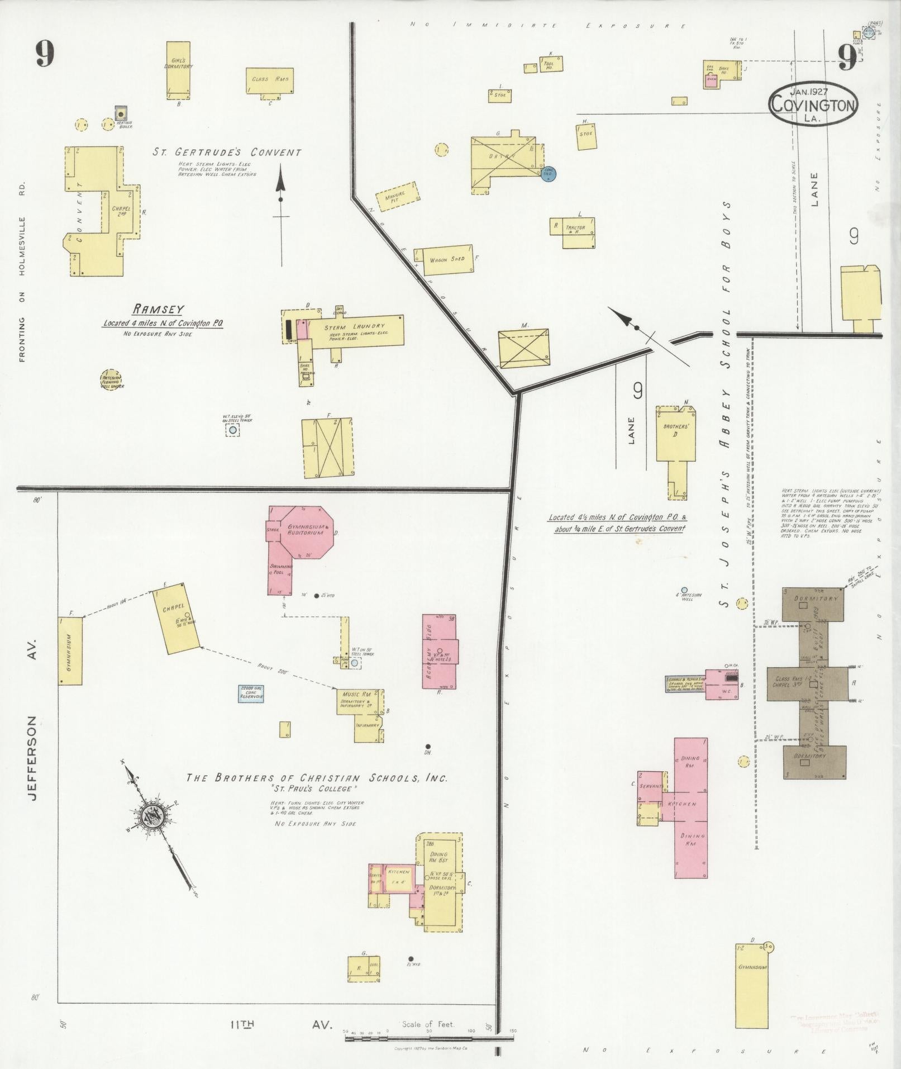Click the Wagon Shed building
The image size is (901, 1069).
point(444,259)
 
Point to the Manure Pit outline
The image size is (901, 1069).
point(398,197)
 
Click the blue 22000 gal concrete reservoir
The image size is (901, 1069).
point(251,693)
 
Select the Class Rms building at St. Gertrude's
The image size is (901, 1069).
point(270,80)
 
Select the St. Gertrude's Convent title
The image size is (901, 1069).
point(227,153)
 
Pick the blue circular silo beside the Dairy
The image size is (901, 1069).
point(548,174)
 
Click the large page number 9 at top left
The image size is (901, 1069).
point(45,54)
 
